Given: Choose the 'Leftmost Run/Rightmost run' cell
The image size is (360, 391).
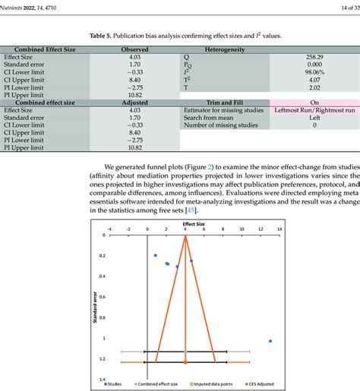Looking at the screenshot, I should point(311,110).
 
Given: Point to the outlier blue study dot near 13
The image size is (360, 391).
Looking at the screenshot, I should point(270,341).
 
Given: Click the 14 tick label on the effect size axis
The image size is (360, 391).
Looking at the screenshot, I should point(279,229).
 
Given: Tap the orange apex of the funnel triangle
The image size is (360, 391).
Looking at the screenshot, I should point(185,236).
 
